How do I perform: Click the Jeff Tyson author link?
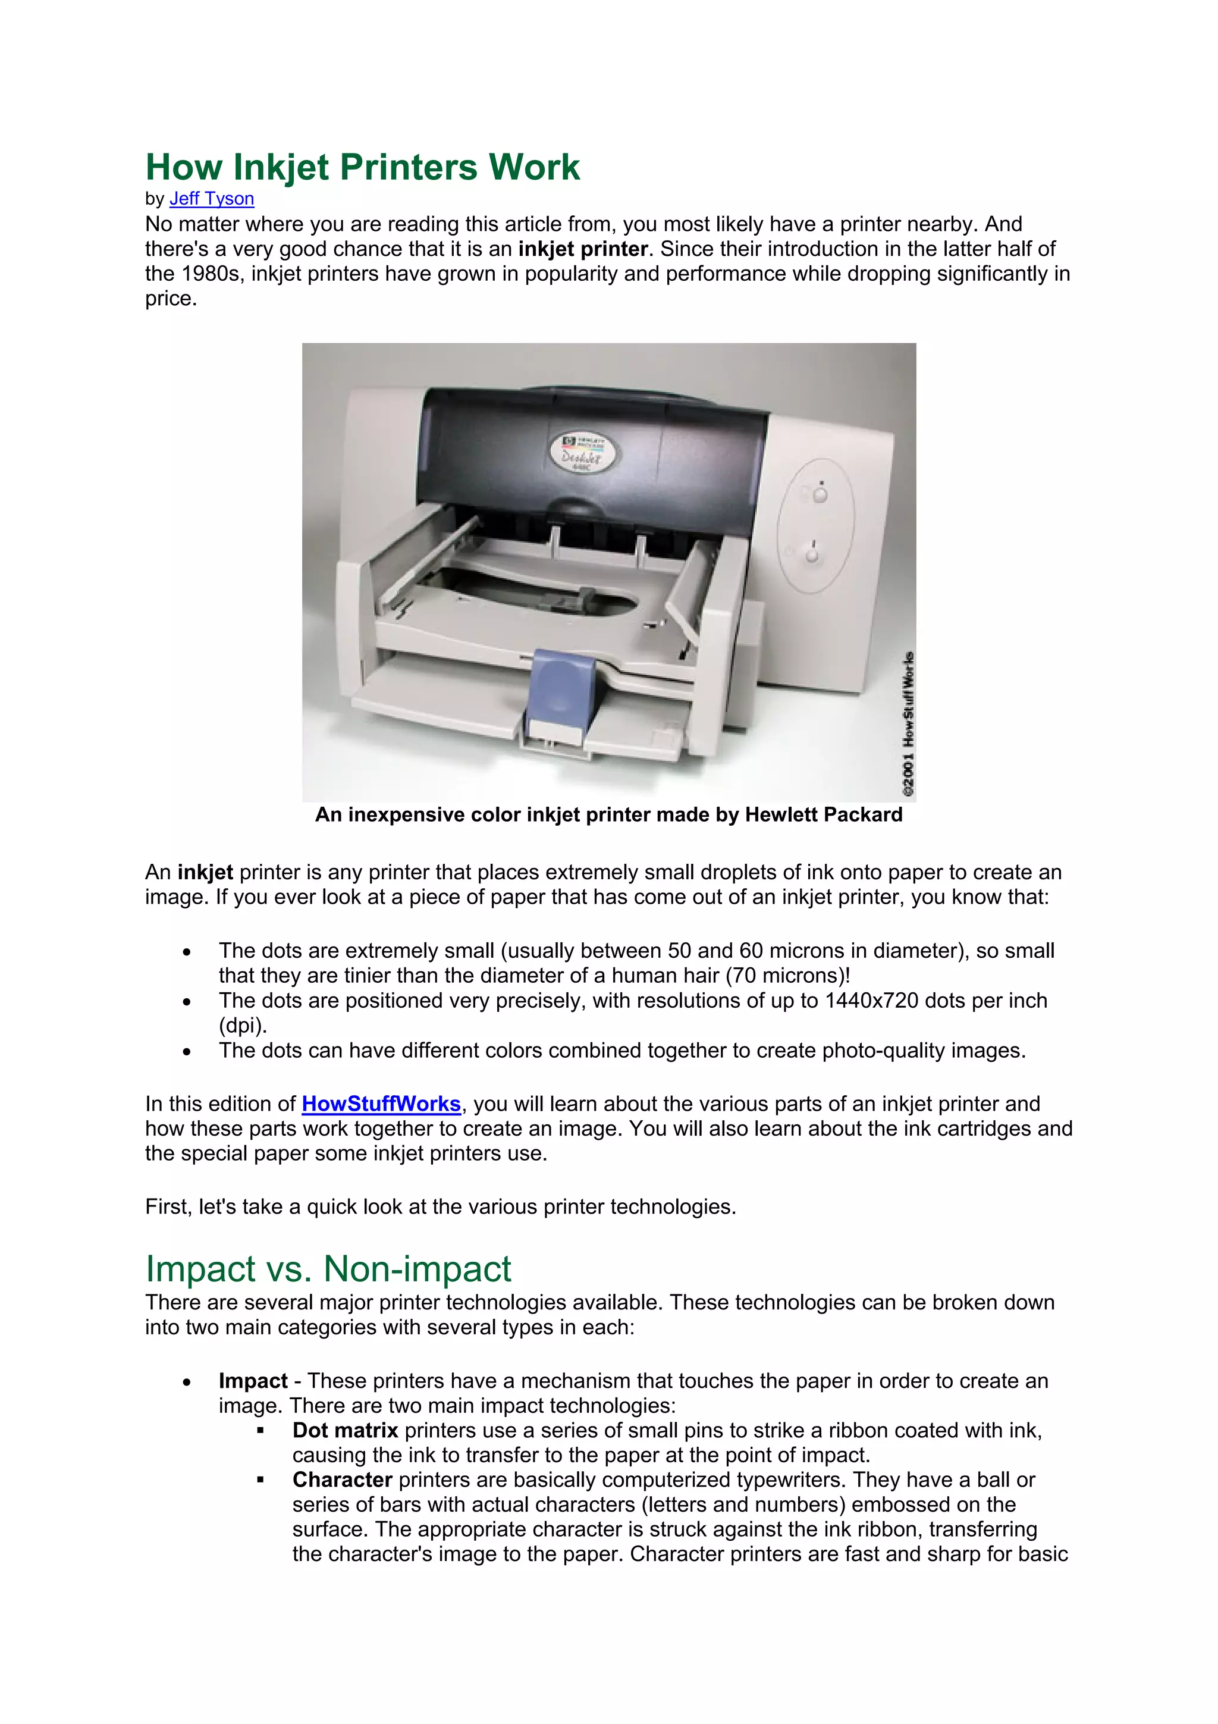[212, 199]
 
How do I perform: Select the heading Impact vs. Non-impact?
[328, 1269]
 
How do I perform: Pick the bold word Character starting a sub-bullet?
[342, 1480]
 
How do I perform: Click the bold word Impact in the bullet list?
[253, 1381]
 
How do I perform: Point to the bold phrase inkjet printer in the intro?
[582, 249]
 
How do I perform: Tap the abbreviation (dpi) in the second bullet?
[243, 1026]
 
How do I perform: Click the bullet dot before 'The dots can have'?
[187, 1052]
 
